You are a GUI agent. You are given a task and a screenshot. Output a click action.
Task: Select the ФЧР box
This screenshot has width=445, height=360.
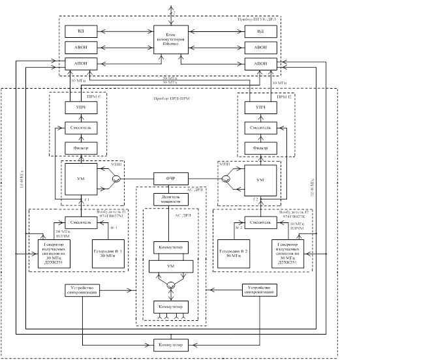coord(170,179)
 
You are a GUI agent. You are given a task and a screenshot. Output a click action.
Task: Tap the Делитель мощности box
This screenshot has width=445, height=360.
coord(170,200)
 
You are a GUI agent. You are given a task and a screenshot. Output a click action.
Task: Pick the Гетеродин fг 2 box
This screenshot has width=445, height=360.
coord(234,253)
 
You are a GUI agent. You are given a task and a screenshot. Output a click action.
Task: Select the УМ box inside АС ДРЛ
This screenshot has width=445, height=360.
coord(170,266)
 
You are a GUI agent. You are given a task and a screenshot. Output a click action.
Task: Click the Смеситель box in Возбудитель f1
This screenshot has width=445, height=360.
coord(80,222)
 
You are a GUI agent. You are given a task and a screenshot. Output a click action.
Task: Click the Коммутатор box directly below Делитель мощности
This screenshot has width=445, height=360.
coord(170,247)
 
